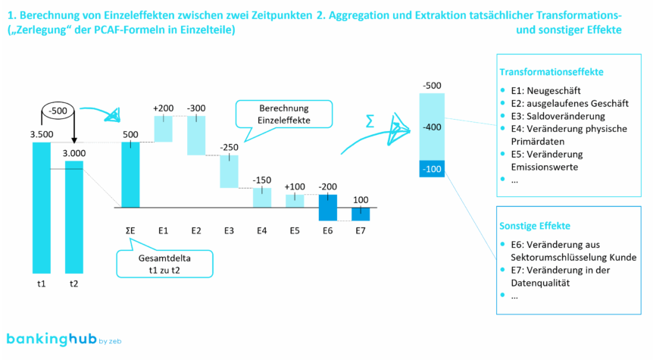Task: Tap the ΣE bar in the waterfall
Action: point(131,174)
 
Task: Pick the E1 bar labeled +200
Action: point(164,128)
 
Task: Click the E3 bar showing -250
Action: point(230,171)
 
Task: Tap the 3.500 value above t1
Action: point(42,134)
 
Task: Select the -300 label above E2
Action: point(196,108)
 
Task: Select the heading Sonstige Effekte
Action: point(534,226)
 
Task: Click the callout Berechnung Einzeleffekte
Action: point(273,114)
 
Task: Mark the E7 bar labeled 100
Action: point(361,214)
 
